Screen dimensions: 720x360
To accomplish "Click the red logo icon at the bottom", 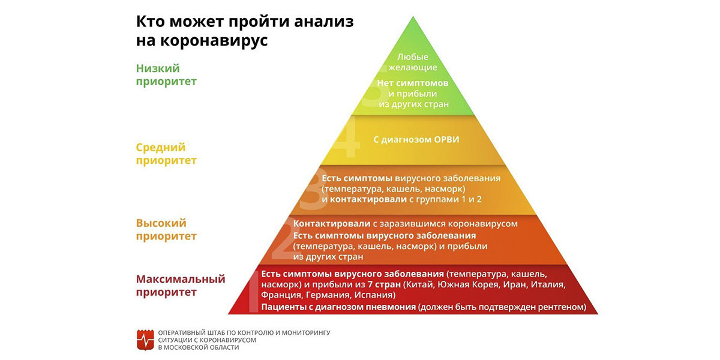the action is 145,340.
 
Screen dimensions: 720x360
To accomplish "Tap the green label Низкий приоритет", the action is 166,74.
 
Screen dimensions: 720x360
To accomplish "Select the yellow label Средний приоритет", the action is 166,154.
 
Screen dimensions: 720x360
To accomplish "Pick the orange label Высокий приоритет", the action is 166,229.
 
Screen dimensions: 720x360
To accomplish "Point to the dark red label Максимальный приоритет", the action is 181,286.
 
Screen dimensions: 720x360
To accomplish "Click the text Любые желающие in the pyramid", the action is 413,62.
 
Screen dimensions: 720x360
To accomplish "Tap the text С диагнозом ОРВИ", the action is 416,139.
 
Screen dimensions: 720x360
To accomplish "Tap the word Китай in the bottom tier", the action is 419,284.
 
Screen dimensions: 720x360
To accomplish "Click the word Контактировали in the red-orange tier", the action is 332,224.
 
